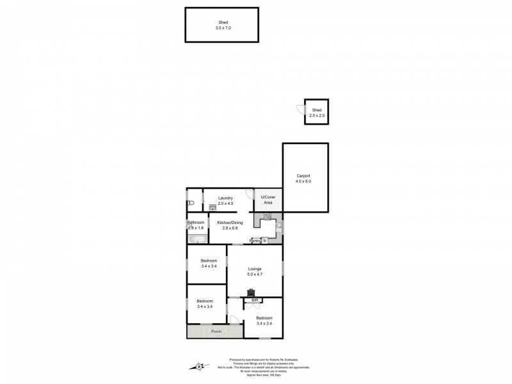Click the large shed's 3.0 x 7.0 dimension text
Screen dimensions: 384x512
tap(223, 28)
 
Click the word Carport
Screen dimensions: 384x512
tap(303, 176)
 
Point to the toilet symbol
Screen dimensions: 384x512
tap(190, 203)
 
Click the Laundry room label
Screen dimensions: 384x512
tap(225, 198)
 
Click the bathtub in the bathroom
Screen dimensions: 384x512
tap(198, 239)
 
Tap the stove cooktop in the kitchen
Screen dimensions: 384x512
tap(267, 216)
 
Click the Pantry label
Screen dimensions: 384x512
tap(255, 241)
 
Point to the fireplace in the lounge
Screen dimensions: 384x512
tap(250, 293)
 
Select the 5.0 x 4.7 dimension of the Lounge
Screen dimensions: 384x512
tap(255, 275)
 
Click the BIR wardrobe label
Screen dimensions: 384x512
tap(254, 300)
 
